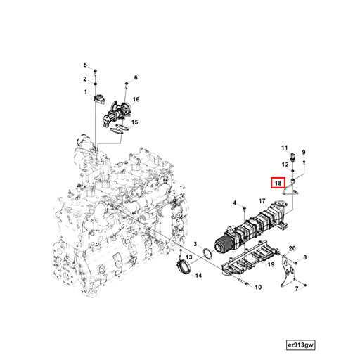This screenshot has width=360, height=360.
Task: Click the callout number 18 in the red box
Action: [278, 184]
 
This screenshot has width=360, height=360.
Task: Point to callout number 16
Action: [136, 100]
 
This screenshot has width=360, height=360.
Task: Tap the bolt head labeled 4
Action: [244, 204]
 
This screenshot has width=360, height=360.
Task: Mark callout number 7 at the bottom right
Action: [297, 289]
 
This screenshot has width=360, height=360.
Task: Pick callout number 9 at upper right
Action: [304, 152]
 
